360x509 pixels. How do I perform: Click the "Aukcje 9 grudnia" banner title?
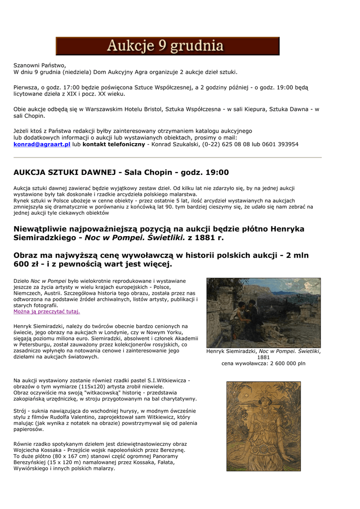tap(167, 46)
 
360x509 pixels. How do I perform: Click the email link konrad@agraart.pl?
tap(42, 144)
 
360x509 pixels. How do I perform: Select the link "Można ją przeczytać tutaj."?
tap(46, 312)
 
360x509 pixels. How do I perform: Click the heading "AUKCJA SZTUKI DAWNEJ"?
tap(65, 172)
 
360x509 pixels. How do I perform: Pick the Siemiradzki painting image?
tap(263, 313)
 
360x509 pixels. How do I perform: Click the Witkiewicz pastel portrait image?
tap(263, 426)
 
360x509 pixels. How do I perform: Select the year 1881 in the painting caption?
tap(264, 357)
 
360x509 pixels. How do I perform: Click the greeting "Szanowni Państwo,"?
tap(39, 66)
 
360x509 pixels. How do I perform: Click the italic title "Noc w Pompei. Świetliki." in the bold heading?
tap(134, 238)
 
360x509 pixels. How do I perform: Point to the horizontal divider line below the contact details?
tap(167, 158)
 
